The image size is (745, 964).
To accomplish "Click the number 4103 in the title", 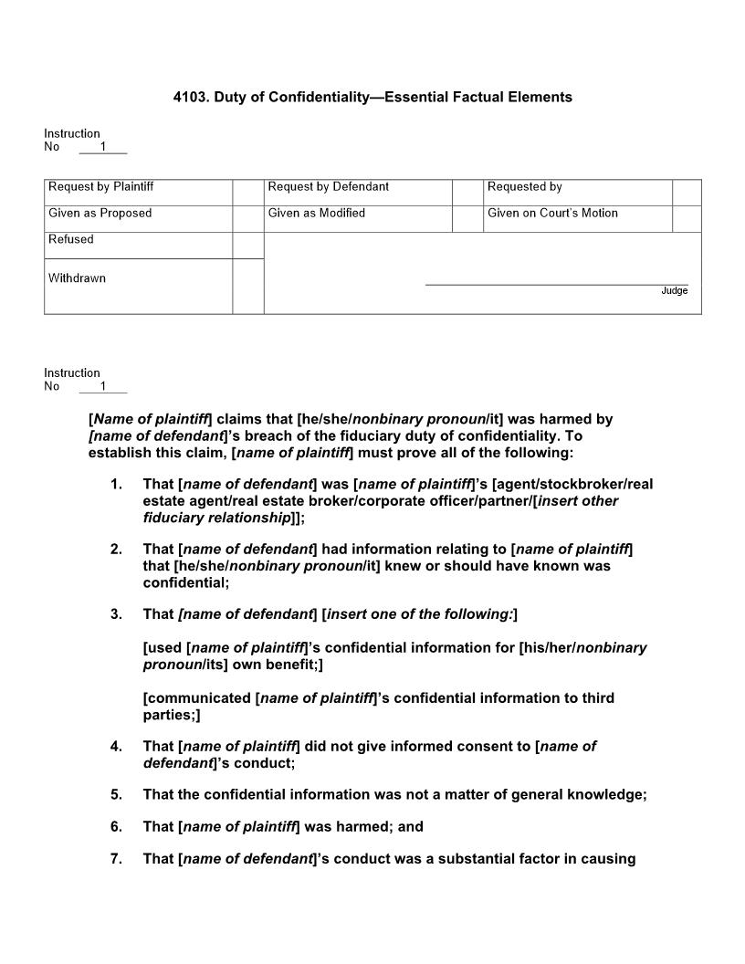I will coord(190,97).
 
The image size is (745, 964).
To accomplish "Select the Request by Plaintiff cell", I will coord(138,188).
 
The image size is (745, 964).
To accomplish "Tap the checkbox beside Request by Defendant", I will coord(467,193).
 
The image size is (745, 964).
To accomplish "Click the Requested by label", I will coord(525,187).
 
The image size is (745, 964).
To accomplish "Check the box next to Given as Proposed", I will coord(247,219).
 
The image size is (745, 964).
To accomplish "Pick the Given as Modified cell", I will coord(357,215).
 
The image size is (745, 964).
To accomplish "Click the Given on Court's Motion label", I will coord(552,214).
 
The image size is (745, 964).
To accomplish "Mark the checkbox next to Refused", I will coord(247,246).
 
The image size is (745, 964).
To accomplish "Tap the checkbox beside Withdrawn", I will coord(247,286).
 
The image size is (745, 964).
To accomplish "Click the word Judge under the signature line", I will coord(675,291).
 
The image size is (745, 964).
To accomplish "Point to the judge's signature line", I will coord(556,284).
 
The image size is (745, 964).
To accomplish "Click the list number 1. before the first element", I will coord(116,484).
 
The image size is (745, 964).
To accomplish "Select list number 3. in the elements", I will coord(116,614).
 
